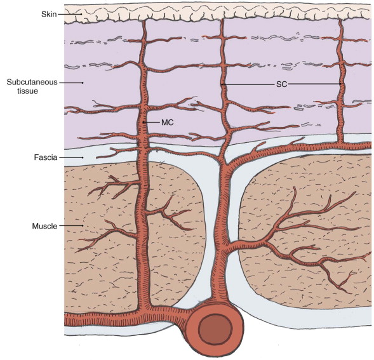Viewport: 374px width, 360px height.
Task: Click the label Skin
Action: pos(49,15)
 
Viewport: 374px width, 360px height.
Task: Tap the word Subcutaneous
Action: pos(32,83)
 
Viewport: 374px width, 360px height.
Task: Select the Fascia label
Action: pos(46,157)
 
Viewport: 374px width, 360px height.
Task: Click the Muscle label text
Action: pos(44,226)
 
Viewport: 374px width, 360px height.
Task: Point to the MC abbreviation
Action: pos(168,123)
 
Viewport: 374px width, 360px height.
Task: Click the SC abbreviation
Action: pos(281,84)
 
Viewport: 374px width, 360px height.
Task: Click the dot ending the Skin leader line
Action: pos(81,15)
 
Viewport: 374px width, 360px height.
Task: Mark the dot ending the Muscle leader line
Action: pos(83,225)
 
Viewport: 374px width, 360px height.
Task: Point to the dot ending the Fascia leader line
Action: pos(83,157)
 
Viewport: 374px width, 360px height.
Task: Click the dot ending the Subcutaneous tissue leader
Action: pos(83,83)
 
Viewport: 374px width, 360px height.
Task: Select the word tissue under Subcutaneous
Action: pos(27,91)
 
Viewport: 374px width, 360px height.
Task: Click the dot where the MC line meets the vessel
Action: pos(144,123)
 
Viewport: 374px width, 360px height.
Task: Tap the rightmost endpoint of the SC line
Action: pos(342,84)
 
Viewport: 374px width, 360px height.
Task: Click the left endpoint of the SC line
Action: pos(222,84)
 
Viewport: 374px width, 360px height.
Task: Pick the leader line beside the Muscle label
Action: pos(71,225)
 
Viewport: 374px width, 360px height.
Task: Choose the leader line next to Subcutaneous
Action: pos(71,83)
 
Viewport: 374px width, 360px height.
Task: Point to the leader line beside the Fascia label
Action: pos(71,157)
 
